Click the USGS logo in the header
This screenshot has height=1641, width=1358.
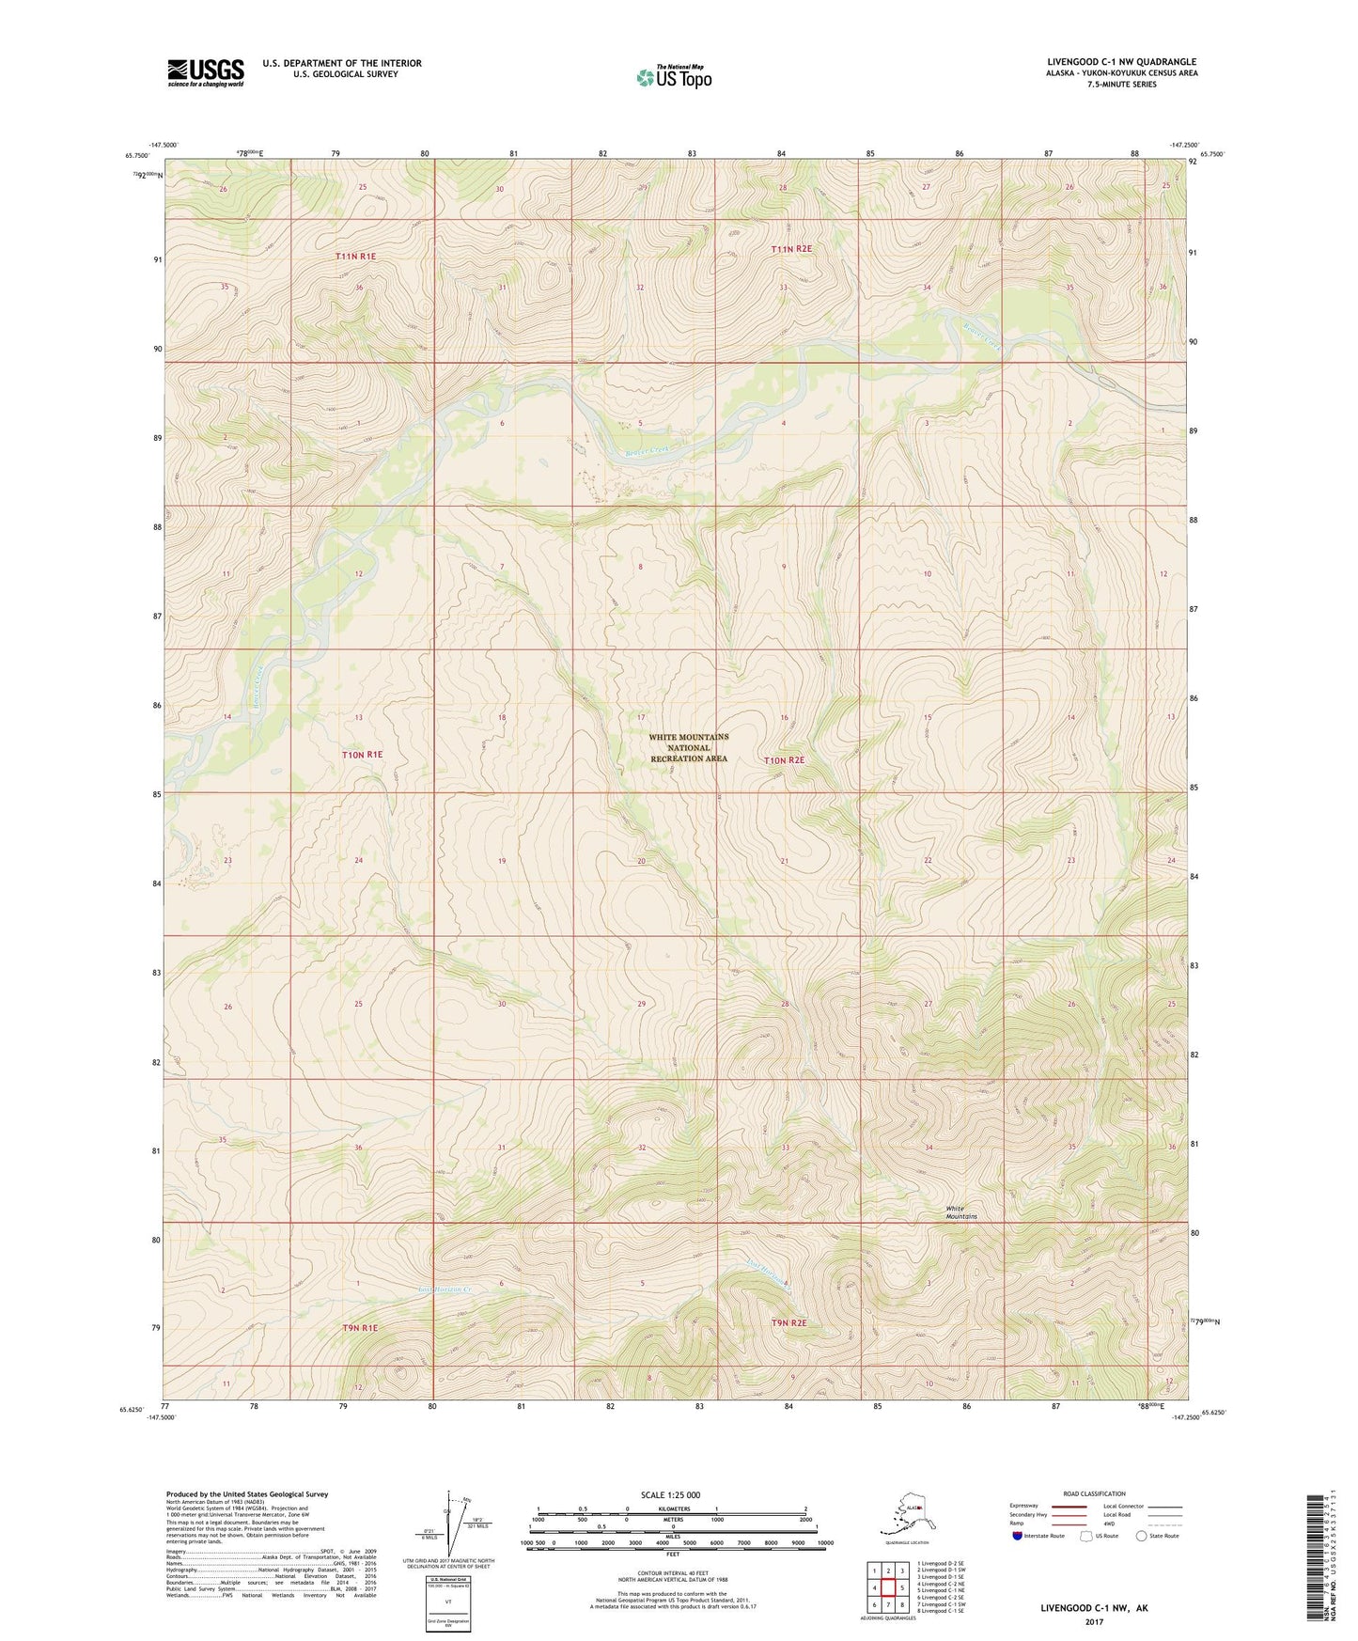pos(205,72)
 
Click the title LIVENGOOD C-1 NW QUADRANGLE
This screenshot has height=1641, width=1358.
pos(1121,62)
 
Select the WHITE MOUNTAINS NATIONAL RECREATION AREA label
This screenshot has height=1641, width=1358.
pos(688,748)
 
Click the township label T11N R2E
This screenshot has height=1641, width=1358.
pos(790,249)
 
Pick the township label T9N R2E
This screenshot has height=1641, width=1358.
pos(788,1323)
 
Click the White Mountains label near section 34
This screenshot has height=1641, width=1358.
pos(960,1212)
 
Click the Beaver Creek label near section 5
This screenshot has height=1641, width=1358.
pos(648,451)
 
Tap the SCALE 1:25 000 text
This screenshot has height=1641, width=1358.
pos(670,1494)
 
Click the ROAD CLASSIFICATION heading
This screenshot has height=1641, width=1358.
pos(1093,1493)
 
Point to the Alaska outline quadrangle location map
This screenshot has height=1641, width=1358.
pos(905,1514)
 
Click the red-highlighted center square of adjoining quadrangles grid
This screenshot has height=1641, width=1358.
pos(888,1589)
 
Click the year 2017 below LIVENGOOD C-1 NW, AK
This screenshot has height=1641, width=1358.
pos(1094,1621)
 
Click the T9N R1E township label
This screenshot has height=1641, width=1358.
pos(359,1328)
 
